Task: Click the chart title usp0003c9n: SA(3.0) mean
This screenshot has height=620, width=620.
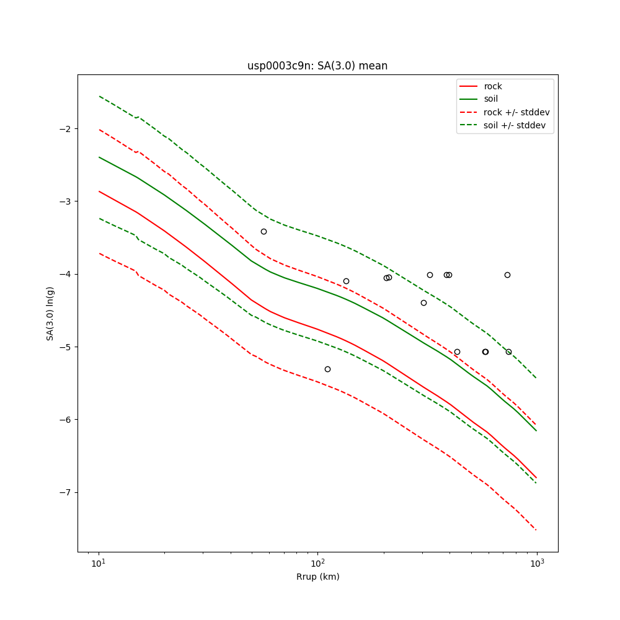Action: coord(317,66)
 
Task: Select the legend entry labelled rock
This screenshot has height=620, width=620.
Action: coord(493,86)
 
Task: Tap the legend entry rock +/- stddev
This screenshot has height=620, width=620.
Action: coord(516,112)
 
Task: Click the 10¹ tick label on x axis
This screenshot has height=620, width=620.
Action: coord(99,563)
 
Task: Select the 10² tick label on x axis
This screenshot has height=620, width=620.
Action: coord(317,563)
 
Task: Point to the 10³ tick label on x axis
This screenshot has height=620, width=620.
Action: coord(537,563)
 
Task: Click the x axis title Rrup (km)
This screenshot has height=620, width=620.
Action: coord(317,577)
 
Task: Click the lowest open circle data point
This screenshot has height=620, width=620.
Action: coord(327,369)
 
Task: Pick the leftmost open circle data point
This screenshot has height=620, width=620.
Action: coord(263,231)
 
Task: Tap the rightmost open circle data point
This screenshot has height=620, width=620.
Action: coord(508,352)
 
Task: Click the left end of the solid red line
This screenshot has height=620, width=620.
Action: coord(99,191)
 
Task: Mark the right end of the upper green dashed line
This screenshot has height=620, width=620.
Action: coord(536,378)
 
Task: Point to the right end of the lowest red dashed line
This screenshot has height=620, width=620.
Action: coord(536,530)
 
